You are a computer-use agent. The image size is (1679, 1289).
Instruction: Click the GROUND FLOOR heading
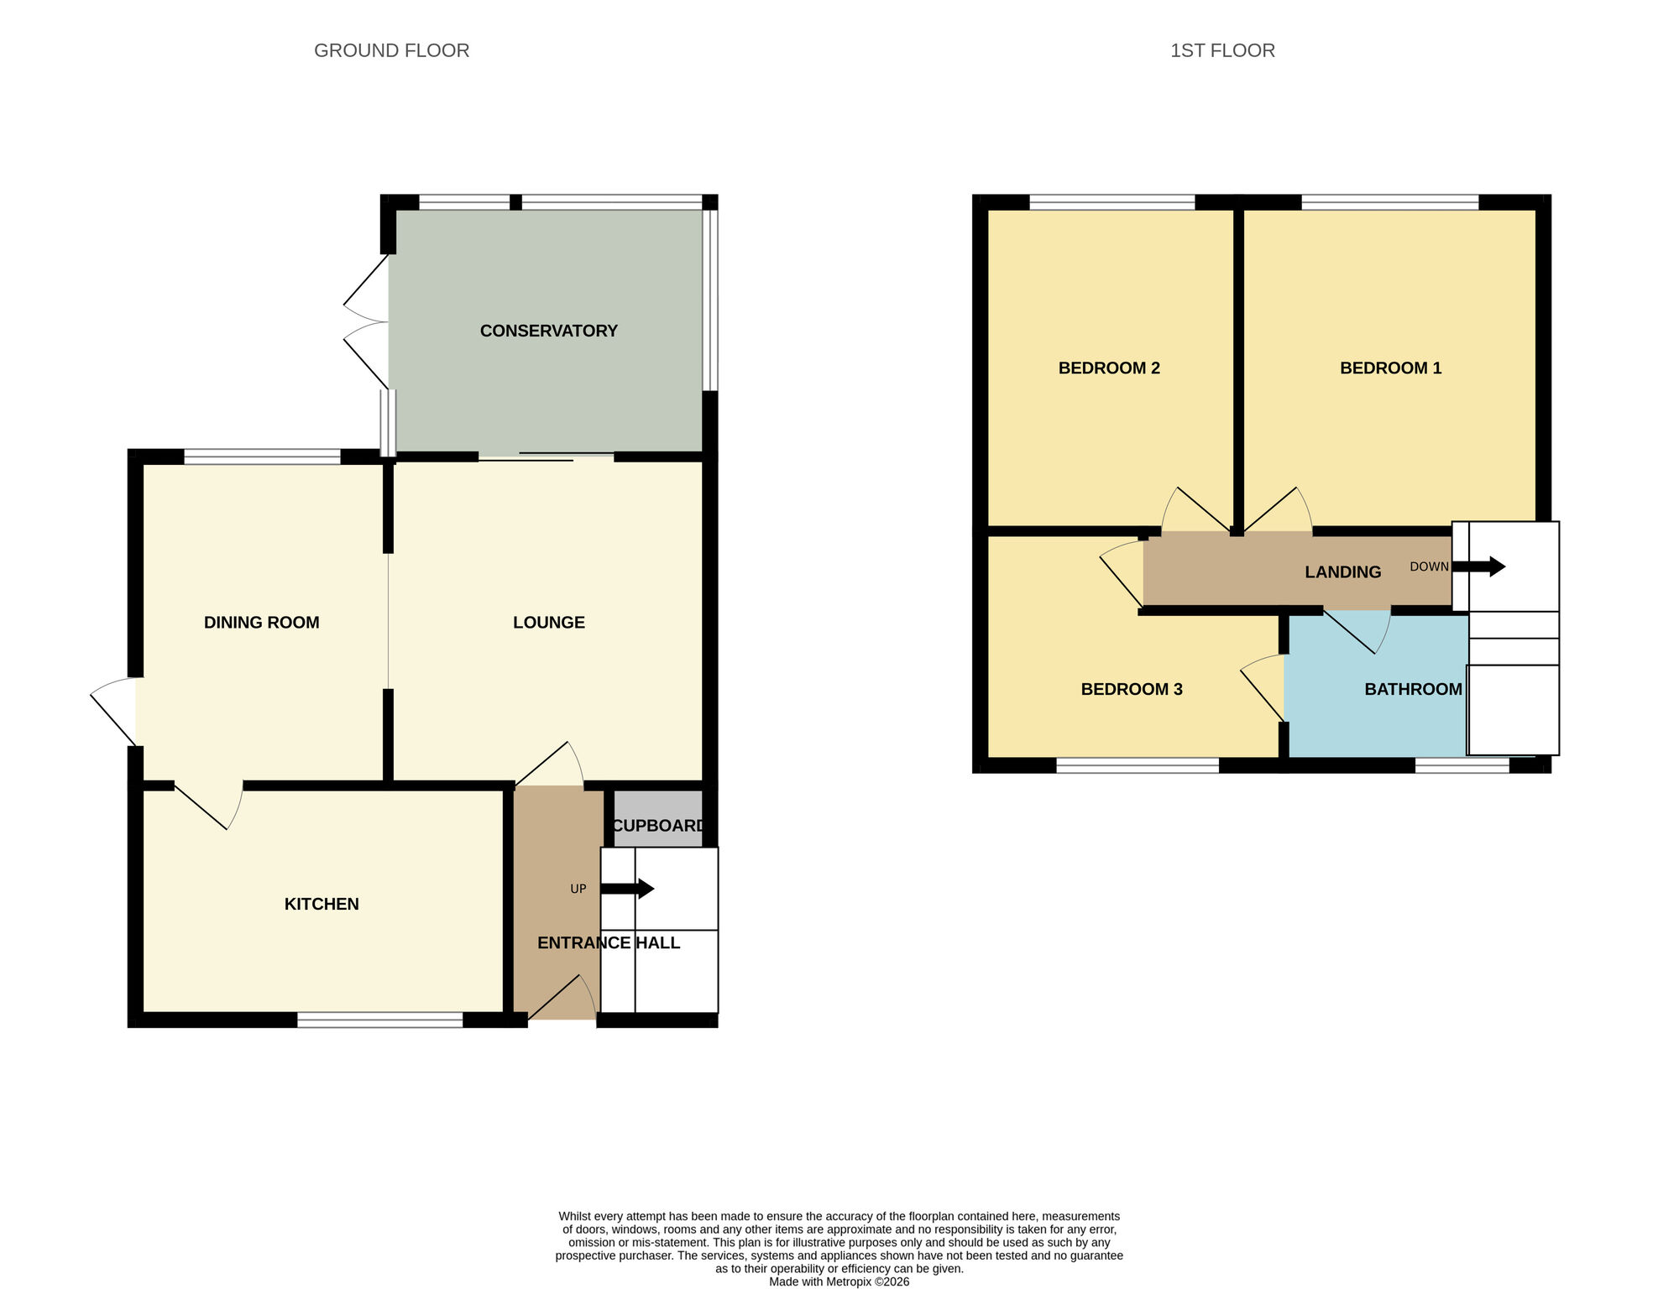click(391, 50)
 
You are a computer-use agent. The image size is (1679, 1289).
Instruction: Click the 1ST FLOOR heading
click(1222, 50)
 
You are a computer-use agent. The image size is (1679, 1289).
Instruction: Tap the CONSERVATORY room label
click(548, 331)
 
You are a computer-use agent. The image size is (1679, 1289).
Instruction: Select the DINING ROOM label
click(261, 622)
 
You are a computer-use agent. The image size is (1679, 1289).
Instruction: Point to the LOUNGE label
click(548, 622)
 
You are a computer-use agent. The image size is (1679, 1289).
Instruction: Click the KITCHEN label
click(322, 904)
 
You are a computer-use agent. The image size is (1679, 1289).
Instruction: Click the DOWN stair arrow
click(1478, 566)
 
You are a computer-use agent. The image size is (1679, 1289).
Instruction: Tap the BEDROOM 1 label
click(1390, 368)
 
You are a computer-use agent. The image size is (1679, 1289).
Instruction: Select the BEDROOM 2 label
click(1108, 368)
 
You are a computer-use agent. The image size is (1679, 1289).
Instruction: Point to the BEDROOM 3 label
click(1131, 689)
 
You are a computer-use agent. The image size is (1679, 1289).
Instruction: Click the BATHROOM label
click(1413, 689)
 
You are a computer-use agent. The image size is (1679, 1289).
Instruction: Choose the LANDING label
click(1342, 571)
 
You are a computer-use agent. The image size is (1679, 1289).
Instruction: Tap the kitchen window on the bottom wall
click(379, 1020)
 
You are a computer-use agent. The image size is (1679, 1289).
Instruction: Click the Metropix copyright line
click(839, 1281)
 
